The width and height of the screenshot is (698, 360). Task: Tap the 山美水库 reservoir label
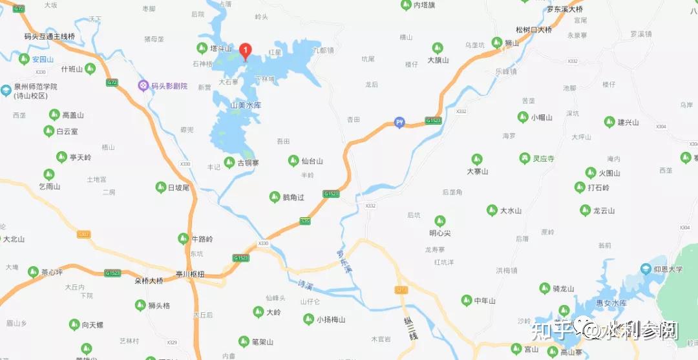pos(246,105)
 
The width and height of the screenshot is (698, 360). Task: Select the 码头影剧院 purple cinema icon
pos(143,85)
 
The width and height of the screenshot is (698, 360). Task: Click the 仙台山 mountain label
pos(312,161)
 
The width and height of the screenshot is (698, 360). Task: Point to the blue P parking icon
pos(399,123)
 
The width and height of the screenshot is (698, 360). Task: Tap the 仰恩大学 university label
pos(667,268)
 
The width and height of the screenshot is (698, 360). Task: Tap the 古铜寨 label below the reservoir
pos(248,162)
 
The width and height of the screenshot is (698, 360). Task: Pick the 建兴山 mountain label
pos(628,122)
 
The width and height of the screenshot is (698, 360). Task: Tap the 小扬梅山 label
pos(331,319)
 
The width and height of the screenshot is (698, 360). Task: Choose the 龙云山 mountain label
pos(606,211)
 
